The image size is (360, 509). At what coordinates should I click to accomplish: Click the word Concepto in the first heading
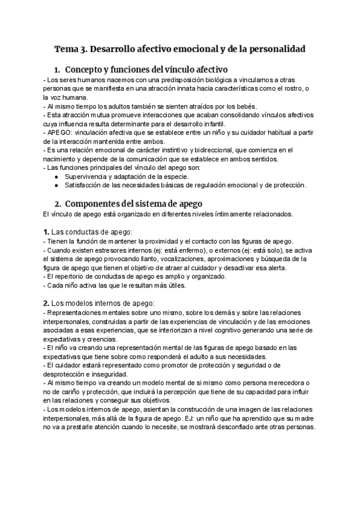88,69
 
